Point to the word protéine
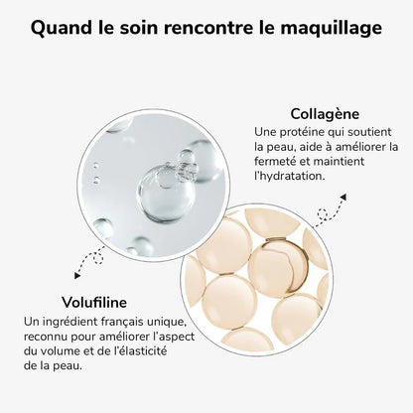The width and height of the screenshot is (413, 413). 306,132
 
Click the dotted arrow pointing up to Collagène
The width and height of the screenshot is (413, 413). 329,209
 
